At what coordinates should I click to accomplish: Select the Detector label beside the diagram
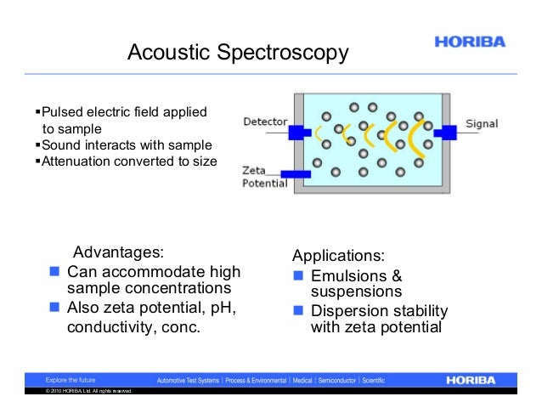pyautogui.click(x=265, y=122)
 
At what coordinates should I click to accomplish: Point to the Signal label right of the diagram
pyautogui.click(x=482, y=124)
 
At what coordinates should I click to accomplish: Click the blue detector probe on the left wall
pyautogui.click(x=298, y=133)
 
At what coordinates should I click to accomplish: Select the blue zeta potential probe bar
pyautogui.click(x=295, y=173)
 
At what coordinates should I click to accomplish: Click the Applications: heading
pyautogui.click(x=338, y=256)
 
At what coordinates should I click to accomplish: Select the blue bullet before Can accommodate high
pyautogui.click(x=54, y=272)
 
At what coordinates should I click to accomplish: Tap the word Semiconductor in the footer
pyautogui.click(x=336, y=380)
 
